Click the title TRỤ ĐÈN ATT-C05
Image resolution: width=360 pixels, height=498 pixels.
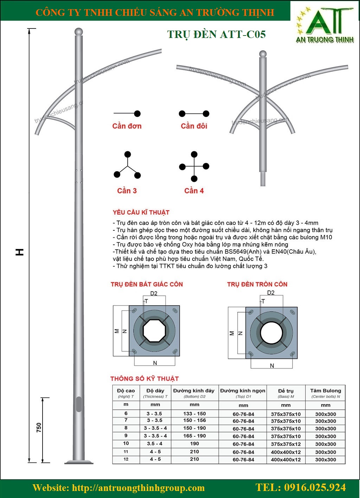point(216,34)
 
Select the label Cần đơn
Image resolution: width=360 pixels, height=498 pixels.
point(127,126)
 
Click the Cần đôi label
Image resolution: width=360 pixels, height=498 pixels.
point(194,126)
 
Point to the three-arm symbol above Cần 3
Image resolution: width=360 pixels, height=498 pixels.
point(127,165)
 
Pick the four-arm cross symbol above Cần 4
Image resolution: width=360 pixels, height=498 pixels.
point(194,166)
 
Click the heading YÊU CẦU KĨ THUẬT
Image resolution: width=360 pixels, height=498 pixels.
point(141,212)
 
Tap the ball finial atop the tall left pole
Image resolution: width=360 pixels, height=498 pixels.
point(79,31)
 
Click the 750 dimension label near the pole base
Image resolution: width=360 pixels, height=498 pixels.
point(39,427)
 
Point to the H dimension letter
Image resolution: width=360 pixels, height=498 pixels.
point(20,252)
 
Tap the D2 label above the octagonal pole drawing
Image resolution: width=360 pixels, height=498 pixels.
point(154,293)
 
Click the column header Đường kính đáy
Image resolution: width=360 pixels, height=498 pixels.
point(194,391)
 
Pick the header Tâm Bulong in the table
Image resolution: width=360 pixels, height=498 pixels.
point(326,391)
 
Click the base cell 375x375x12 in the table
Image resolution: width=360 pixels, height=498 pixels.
point(286,444)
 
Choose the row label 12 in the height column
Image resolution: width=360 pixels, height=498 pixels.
point(126,459)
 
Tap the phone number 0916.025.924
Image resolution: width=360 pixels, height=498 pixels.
point(301,487)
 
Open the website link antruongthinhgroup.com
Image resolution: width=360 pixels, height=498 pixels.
point(138,488)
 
